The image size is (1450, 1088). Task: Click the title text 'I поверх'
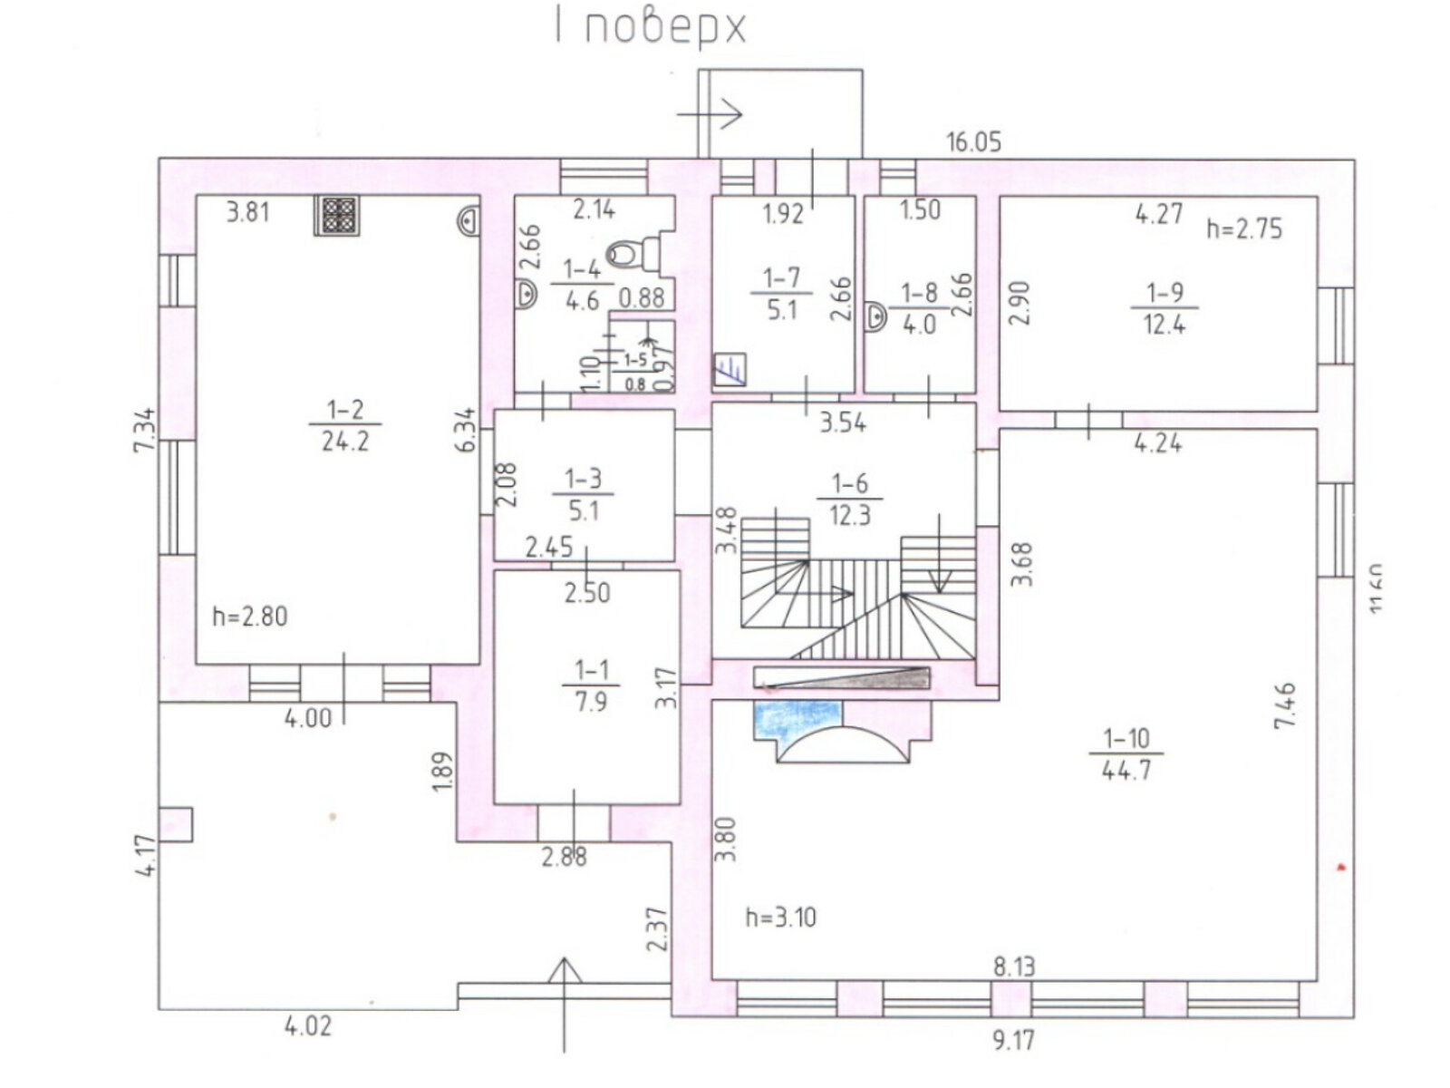[651, 28]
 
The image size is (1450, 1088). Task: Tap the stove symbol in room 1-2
[337, 216]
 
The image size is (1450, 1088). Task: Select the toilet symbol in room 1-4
[624, 254]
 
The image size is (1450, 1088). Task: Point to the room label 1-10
[1127, 739]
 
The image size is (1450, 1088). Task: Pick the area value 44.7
[1127, 771]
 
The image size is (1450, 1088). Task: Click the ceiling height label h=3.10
[780, 918]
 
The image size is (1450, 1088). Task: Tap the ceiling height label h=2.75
[1244, 229]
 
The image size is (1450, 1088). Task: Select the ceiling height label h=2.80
[249, 617]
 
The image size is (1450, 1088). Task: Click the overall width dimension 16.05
[973, 142]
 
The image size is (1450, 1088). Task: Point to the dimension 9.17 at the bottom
[1012, 1039]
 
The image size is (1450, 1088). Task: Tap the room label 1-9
[1165, 293]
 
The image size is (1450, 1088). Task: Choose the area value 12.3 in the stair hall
[849, 515]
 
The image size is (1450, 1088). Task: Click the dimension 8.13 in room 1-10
[1013, 967]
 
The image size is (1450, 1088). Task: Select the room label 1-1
[591, 671]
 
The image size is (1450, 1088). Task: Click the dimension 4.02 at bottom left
[308, 1026]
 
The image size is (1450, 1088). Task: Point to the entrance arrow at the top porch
[710, 115]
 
